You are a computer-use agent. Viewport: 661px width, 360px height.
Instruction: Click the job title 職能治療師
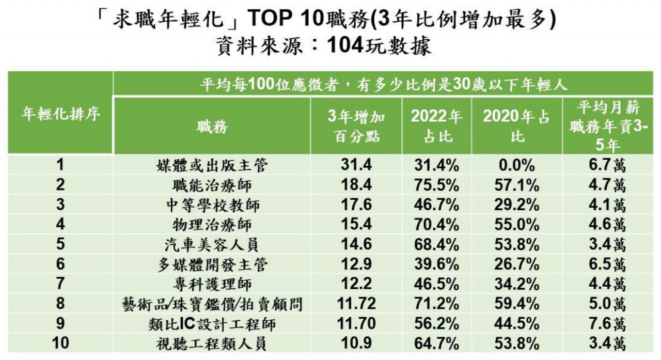[212, 185]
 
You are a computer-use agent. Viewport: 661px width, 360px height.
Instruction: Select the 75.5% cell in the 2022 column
[436, 185]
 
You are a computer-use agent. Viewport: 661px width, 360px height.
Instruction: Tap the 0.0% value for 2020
[517, 165]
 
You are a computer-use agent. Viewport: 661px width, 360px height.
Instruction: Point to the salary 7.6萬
[607, 323]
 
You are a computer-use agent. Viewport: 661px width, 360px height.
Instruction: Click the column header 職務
[212, 127]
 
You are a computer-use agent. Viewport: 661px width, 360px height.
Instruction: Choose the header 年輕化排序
[60, 114]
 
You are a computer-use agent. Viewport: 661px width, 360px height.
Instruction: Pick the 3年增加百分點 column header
[356, 127]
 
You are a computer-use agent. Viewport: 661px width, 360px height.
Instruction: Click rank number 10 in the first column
[60, 343]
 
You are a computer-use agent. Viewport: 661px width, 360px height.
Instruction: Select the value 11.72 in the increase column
[356, 303]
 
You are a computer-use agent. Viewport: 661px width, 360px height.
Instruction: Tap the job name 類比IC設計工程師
[212, 324]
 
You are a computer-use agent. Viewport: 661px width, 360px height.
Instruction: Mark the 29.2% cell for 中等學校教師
[517, 205]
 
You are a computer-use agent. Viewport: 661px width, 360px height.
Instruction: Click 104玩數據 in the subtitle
[379, 46]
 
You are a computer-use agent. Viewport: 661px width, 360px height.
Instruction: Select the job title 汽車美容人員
[212, 245]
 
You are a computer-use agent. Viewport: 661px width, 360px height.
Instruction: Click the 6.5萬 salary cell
[607, 264]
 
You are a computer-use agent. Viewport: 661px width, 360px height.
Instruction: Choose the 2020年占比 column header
[517, 127]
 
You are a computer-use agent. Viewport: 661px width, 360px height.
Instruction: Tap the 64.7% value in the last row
[436, 343]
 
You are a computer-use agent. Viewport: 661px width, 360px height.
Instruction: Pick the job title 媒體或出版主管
[212, 165]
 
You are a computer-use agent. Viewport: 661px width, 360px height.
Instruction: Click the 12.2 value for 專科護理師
[356, 284]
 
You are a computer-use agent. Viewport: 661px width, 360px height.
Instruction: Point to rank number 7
[60, 284]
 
